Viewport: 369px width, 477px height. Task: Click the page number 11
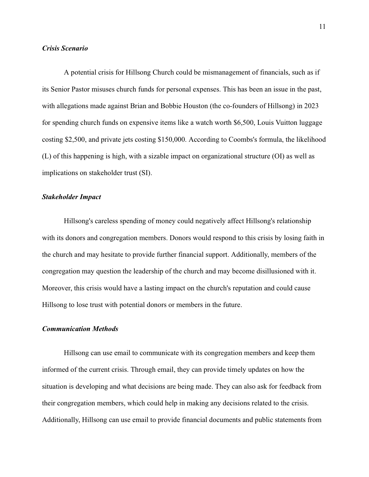click(x=322, y=27)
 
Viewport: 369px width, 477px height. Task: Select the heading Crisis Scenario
click(x=65, y=48)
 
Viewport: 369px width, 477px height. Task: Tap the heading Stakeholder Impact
click(x=71, y=197)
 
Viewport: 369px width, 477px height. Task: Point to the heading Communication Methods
click(x=80, y=329)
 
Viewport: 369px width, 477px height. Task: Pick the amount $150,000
click(x=172, y=139)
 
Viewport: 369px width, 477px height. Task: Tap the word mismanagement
click(x=226, y=72)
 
